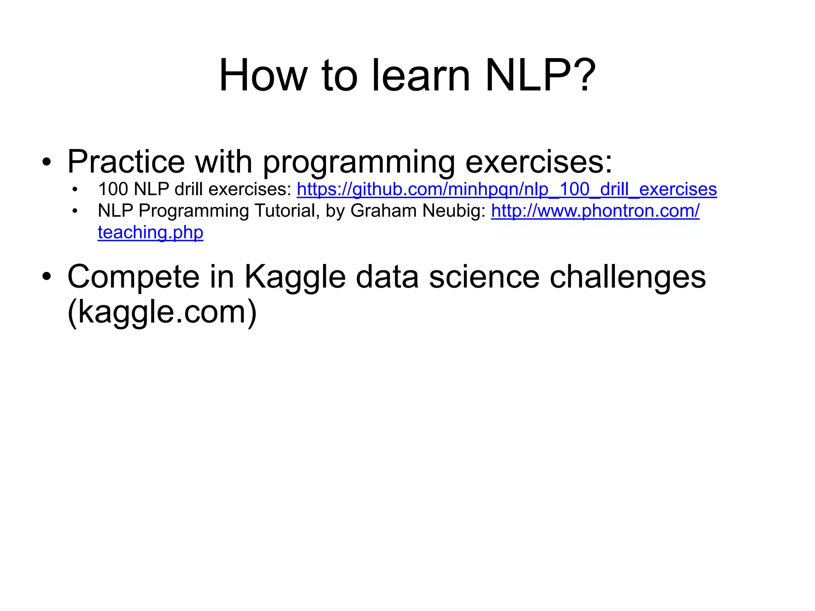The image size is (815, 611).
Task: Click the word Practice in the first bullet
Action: [x=126, y=162]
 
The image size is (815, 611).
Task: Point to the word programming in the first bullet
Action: [x=358, y=163]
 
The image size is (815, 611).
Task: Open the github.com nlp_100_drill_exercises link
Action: [x=506, y=189]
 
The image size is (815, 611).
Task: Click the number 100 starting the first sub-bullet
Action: [x=113, y=189]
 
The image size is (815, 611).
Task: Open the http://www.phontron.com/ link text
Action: [x=595, y=211]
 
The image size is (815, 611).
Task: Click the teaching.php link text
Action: [x=150, y=232]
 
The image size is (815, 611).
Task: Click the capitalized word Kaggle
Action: [x=294, y=277]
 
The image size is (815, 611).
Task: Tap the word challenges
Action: [x=627, y=277]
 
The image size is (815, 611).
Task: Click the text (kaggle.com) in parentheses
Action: [x=162, y=312]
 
